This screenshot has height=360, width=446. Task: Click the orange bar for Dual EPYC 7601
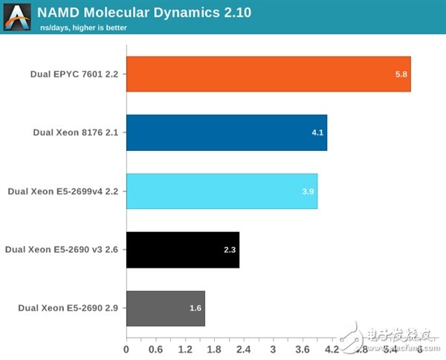[x=268, y=74]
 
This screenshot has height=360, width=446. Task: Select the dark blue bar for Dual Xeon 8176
[x=226, y=132]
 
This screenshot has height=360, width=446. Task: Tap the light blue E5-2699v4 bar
[x=222, y=191]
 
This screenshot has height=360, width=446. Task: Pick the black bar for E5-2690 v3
[x=182, y=250]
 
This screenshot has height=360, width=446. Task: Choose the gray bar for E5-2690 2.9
[x=165, y=308]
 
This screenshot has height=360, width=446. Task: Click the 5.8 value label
[x=401, y=74]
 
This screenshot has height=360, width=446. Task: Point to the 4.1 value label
[x=317, y=133]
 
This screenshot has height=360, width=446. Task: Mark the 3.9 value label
[x=308, y=191]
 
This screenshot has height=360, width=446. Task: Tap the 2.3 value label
[x=230, y=250]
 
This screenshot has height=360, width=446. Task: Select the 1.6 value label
[x=195, y=308]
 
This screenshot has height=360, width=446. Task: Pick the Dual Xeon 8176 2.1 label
[x=76, y=132]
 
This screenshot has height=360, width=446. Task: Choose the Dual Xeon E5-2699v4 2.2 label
[x=63, y=191]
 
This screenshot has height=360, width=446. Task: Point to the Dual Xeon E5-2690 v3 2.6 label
[x=62, y=250]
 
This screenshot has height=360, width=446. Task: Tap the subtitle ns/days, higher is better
[x=83, y=28]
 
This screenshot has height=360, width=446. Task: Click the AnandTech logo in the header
[x=19, y=18]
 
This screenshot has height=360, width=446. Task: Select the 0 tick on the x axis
[x=126, y=349]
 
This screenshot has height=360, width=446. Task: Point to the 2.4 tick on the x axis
[x=243, y=349]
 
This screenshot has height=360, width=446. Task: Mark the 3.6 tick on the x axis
[x=302, y=349]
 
